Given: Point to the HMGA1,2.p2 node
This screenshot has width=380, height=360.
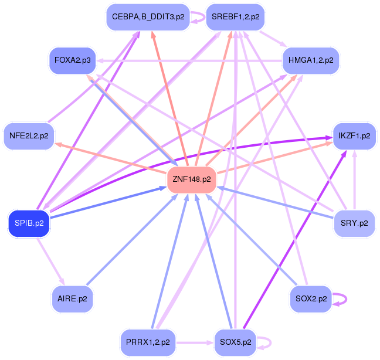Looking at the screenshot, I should (x=311, y=60).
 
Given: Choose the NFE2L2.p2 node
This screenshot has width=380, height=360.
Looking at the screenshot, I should (x=29, y=136).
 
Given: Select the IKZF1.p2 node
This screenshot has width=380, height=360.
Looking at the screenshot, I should (x=354, y=136).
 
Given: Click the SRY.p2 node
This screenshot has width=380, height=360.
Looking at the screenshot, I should (x=354, y=223).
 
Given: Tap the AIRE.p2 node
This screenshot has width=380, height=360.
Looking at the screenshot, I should (x=72, y=298).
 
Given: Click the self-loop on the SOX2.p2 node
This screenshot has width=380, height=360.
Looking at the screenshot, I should (x=341, y=298).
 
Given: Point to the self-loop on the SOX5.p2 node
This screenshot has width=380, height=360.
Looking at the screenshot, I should (x=265, y=341).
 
